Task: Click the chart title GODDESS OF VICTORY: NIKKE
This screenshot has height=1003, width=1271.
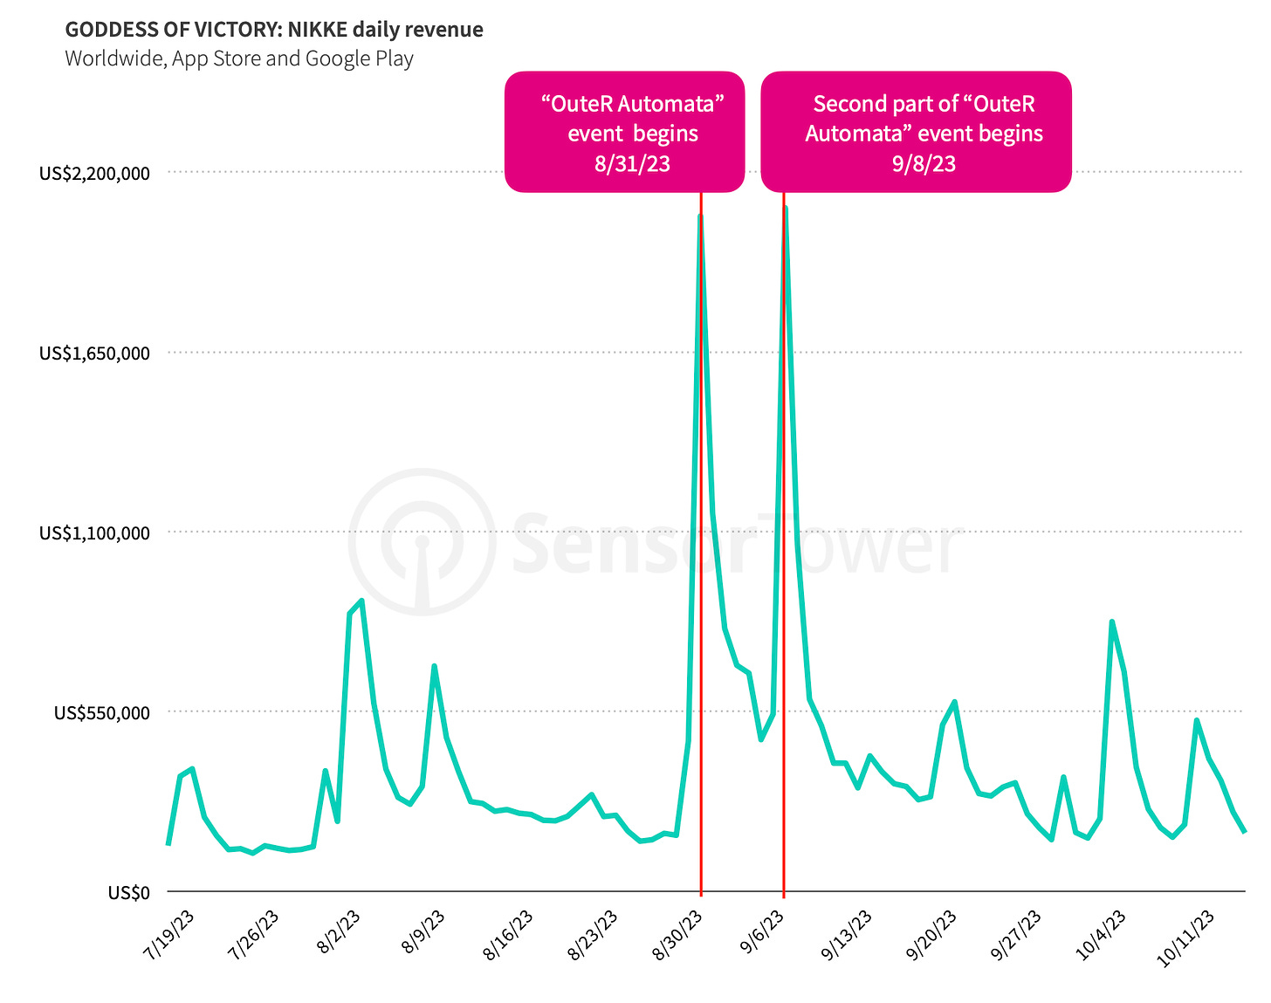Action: click(273, 30)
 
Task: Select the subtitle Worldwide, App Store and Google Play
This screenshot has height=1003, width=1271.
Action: click(239, 58)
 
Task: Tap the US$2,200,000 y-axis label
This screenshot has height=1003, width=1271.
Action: click(94, 173)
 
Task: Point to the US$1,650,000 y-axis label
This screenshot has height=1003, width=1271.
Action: click(94, 353)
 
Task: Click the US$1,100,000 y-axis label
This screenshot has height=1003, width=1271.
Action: click(94, 532)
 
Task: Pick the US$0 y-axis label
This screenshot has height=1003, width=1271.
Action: click(129, 892)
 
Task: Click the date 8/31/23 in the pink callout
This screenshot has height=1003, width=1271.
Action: click(632, 163)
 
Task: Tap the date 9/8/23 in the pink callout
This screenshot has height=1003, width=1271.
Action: click(924, 163)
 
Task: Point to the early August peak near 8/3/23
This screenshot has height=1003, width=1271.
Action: click(361, 601)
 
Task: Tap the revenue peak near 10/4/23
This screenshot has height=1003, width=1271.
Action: click(1111, 622)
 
